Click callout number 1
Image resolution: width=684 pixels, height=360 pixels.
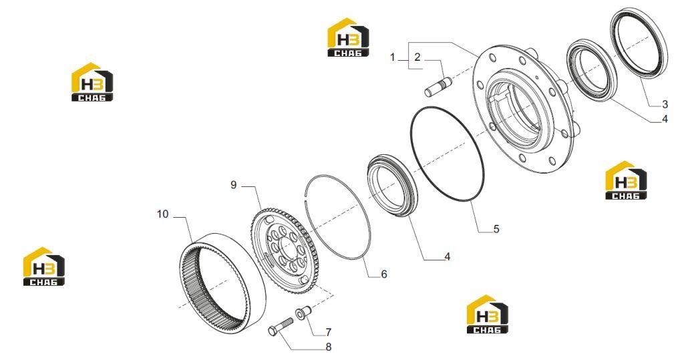(x=393, y=57)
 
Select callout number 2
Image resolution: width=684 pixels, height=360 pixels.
(x=417, y=57)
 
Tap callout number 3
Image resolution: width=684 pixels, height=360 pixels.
(x=665, y=104)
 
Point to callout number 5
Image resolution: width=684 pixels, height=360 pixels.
(x=496, y=228)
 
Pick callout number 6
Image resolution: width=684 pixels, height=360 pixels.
(x=384, y=274)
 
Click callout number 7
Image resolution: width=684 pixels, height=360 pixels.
(x=329, y=332)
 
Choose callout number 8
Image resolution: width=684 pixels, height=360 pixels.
(x=329, y=347)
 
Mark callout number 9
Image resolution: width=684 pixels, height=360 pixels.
(x=234, y=185)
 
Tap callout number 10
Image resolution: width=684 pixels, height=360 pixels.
(x=163, y=214)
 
